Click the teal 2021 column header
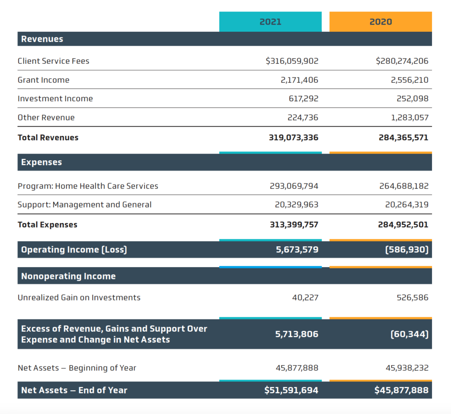pos(270,22)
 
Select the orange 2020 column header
pos(381,22)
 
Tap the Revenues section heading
pos(42,39)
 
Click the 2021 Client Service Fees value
pos(292,61)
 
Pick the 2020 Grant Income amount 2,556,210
pos(410,80)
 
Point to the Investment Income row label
pos(55,99)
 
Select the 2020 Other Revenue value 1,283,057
pos(410,117)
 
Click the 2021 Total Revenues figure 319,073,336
pos(294,138)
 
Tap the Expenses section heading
pos(41,162)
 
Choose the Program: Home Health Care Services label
pos(88,186)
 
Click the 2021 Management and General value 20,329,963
pos(296,205)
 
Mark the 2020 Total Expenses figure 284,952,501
pos(403,225)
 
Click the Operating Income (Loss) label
pos(74,249)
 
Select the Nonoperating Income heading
pos(68,276)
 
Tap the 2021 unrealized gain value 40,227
pos(305,297)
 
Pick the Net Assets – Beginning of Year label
pos(77,368)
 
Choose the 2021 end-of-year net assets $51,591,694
pos(292,390)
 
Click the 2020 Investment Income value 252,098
pos(412,99)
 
